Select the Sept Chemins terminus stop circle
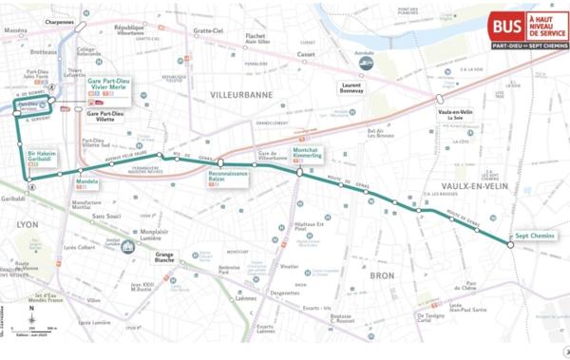[x=510, y=245]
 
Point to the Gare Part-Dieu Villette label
[x=106, y=117]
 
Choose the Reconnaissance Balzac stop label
[x=228, y=178]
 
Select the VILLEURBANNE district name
[x=240, y=95]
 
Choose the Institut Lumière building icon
[x=127, y=245]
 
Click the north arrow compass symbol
[x=31, y=313]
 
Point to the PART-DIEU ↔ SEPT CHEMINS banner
[x=530, y=45]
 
